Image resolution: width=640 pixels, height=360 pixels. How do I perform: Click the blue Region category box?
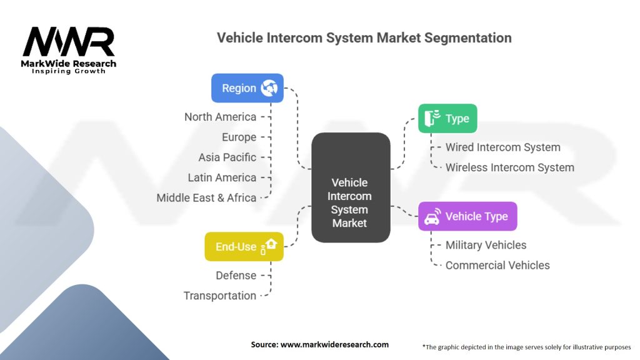coord(247,88)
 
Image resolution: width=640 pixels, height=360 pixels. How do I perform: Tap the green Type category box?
coord(447,118)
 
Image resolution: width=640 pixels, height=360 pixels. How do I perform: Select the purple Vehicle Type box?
coord(467,216)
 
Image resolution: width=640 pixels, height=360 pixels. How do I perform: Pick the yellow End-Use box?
coord(244,246)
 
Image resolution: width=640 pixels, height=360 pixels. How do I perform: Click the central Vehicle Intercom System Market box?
coord(350,202)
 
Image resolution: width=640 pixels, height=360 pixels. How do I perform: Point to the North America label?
coord(220,117)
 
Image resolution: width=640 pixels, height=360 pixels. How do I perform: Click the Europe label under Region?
coord(239,137)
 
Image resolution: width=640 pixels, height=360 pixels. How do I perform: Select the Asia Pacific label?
coord(227,157)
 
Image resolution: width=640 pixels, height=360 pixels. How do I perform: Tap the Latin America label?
coord(222,177)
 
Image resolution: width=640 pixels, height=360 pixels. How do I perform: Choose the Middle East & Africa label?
coord(206,197)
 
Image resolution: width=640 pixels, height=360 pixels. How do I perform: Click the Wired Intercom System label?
coord(502,147)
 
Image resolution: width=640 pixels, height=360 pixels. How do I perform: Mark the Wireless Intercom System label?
coord(509,167)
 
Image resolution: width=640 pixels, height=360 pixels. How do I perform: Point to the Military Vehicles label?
coord(486,245)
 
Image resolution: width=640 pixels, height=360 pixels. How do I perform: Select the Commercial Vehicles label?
coord(497,265)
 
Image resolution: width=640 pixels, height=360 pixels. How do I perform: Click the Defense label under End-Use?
coord(236,275)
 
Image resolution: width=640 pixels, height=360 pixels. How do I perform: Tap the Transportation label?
coord(219,296)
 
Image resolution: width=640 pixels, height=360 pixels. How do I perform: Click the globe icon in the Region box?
coord(269,88)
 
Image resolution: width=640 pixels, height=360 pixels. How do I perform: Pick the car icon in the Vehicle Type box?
coord(431,217)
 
